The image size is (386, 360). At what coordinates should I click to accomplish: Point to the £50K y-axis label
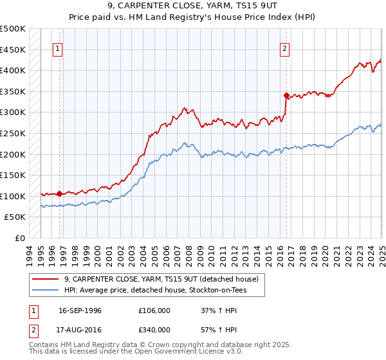tap(15, 217)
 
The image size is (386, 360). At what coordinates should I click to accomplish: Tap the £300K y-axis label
tap(13, 113)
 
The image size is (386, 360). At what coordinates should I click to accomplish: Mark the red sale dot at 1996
tap(59, 193)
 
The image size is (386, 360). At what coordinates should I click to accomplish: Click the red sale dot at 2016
tap(286, 95)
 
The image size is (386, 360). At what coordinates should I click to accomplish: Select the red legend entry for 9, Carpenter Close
tap(161, 279)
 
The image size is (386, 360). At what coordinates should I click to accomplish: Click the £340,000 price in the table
tap(154, 330)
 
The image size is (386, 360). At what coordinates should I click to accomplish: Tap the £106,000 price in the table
tap(154, 310)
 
